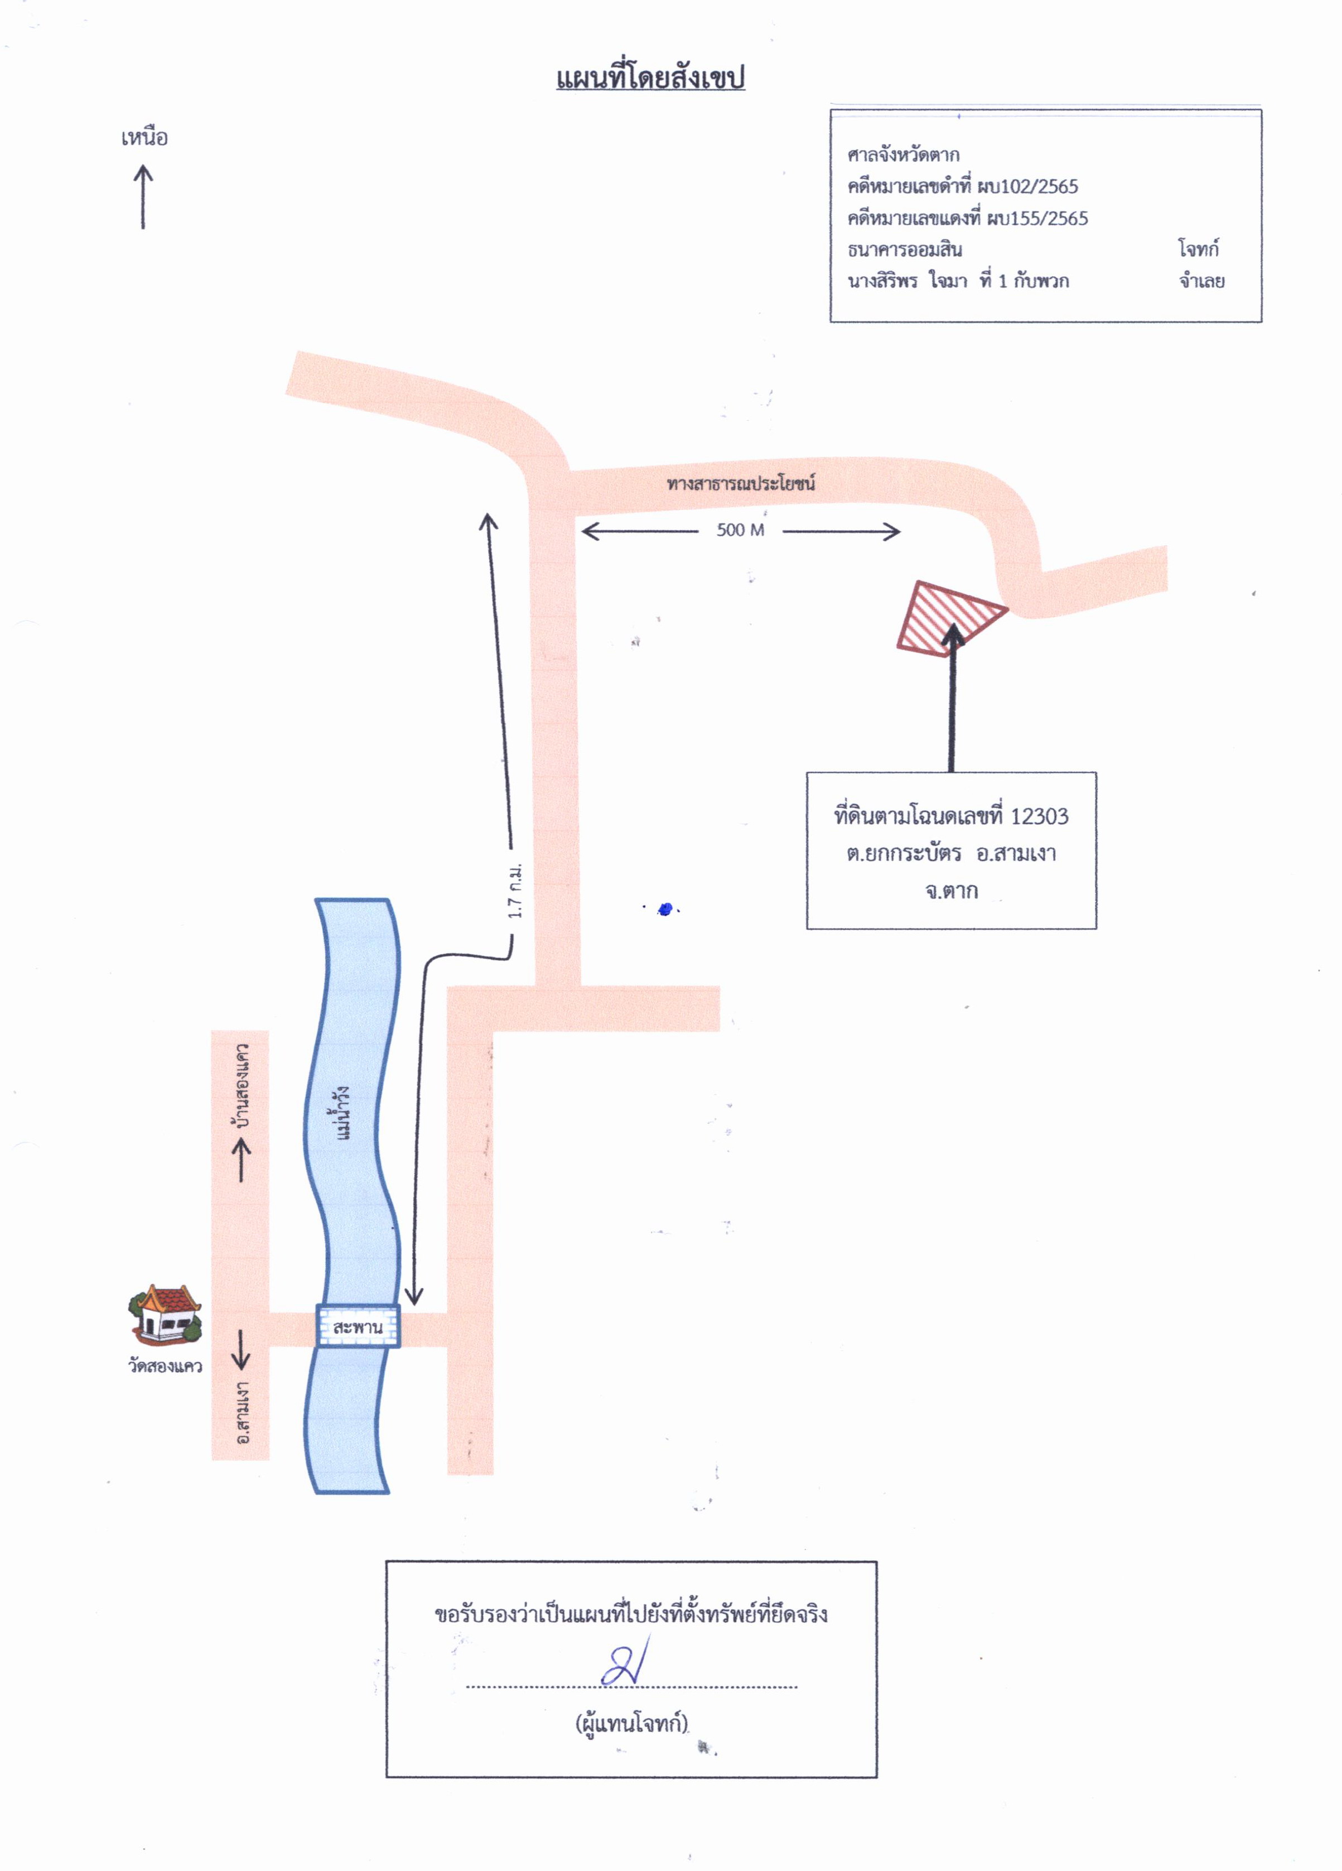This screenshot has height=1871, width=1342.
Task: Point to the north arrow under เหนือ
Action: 143,196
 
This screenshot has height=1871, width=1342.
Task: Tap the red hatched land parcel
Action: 951,618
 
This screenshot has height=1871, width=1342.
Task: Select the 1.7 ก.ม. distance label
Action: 515,891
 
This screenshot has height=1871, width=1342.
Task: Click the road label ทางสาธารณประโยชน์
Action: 741,483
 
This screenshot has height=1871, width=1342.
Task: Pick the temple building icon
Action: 165,1314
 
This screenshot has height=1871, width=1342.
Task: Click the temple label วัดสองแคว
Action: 165,1365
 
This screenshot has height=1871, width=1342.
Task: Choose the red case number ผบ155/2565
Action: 1037,219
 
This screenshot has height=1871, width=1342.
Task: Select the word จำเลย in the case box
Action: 1202,281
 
